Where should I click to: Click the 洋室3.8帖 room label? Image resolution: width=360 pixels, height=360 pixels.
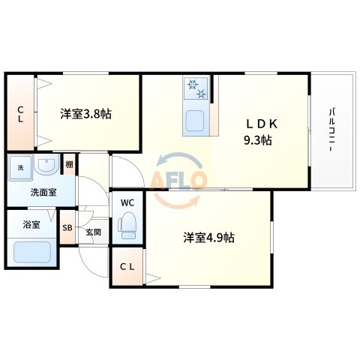(x=86, y=115)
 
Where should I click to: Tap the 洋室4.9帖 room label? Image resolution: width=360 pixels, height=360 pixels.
(x=208, y=238)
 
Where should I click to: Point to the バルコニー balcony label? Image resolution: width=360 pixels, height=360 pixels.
(x=331, y=131)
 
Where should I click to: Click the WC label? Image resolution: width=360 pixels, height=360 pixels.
(x=127, y=202)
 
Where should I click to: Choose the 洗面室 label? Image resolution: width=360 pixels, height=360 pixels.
(x=42, y=192)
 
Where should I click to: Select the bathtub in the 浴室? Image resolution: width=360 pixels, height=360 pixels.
(x=32, y=252)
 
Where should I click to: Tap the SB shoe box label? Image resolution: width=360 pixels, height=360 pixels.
(x=67, y=229)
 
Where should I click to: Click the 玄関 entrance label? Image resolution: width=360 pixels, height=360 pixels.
(x=92, y=232)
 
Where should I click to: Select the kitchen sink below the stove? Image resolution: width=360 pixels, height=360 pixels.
(x=196, y=121)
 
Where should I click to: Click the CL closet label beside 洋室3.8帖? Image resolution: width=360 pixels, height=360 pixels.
(x=20, y=113)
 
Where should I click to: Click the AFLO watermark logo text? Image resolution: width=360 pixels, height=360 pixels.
(x=180, y=181)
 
